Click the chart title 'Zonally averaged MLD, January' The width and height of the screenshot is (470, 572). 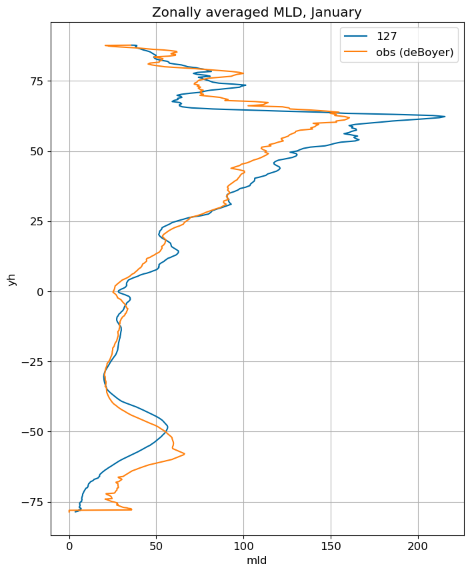click(x=257, y=13)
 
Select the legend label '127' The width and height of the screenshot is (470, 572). click(x=387, y=36)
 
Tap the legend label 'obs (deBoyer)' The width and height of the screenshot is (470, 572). click(x=415, y=52)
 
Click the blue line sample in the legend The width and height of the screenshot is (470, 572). click(x=355, y=36)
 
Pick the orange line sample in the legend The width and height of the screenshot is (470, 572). click(x=355, y=52)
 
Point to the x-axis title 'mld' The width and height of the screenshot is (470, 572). click(x=257, y=560)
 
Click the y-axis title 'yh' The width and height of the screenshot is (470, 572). click(x=12, y=279)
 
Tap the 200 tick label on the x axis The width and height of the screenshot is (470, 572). click(x=418, y=546)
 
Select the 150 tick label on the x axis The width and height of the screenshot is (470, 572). click(x=331, y=546)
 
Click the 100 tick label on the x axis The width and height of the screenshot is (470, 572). click(x=244, y=546)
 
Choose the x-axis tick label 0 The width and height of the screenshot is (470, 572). click(x=69, y=546)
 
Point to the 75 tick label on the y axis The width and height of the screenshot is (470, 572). click(x=37, y=81)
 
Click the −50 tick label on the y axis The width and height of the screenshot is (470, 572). click(x=33, y=432)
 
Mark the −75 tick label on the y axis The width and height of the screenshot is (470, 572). click(x=33, y=502)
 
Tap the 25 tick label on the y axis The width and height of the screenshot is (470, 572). click(x=37, y=222)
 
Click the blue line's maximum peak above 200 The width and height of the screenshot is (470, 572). click(x=445, y=117)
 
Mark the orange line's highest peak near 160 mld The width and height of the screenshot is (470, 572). click(x=349, y=117)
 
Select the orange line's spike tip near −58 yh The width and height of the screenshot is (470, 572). click(x=185, y=454)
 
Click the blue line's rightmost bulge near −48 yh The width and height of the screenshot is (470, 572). click(x=167, y=426)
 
